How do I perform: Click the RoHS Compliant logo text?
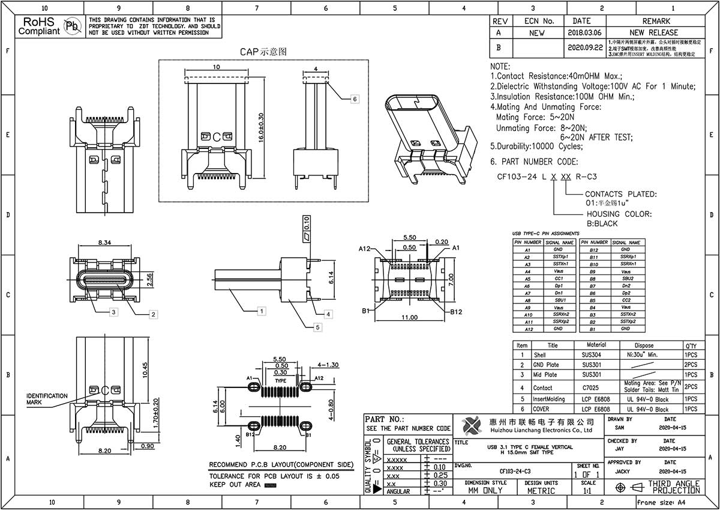point(39,26)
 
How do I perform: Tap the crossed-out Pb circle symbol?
point(72,26)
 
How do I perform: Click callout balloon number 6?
point(355,99)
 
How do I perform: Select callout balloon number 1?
point(261,311)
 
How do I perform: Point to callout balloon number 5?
point(318,327)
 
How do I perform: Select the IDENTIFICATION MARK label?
point(47,399)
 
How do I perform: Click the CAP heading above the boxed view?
point(263,52)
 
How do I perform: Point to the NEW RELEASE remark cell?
point(653,32)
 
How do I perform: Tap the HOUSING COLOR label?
point(619,214)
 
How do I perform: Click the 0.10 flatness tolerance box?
point(307,224)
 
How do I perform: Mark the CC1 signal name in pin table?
point(557,279)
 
